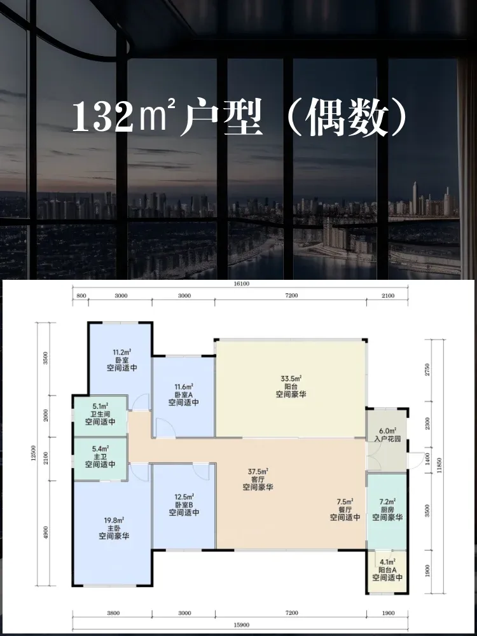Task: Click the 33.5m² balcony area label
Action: pos(291,379)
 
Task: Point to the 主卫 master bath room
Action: pos(100,459)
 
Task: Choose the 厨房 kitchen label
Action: pos(387,509)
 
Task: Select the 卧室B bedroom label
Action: pos(184,504)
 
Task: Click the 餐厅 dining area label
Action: pos(345,509)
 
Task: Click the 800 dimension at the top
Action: pos(81,296)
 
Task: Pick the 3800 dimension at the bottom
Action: pos(113,613)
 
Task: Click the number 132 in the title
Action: pos(102,117)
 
